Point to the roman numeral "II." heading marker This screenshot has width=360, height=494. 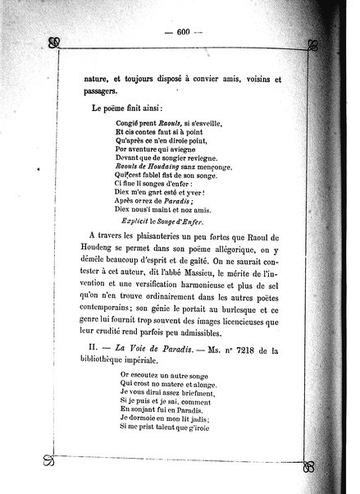click(x=95, y=377)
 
